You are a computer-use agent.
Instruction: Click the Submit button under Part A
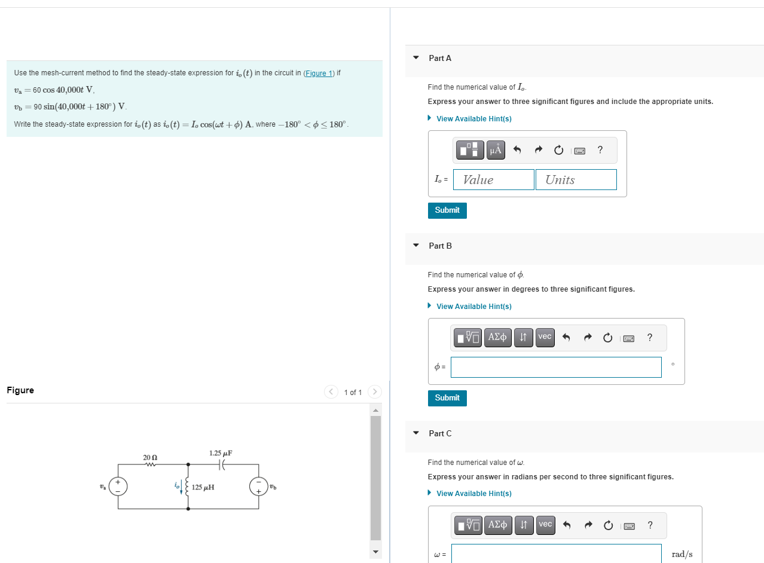tap(447, 210)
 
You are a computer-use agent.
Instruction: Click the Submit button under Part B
tap(447, 398)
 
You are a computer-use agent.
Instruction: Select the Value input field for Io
tap(493, 180)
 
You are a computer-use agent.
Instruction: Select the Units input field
tap(576, 180)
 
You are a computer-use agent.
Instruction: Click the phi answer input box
tap(556, 367)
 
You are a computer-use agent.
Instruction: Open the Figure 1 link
tap(319, 74)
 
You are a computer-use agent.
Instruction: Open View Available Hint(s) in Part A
tap(473, 119)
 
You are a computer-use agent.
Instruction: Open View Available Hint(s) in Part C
tap(473, 494)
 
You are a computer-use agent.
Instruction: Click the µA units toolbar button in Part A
tap(496, 151)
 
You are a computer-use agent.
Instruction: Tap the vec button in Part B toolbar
tap(545, 337)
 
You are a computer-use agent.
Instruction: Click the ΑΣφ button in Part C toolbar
tap(498, 525)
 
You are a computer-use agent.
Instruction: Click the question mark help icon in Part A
tap(600, 151)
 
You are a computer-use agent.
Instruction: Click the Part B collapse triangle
tap(416, 246)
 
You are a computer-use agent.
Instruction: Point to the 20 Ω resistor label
tap(149, 457)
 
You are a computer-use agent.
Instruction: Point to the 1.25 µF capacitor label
tap(221, 453)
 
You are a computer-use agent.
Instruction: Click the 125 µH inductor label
tap(204, 488)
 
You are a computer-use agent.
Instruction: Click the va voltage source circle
tap(118, 486)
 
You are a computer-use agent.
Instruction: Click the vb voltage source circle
tap(259, 486)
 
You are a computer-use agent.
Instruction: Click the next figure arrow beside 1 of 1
tap(375, 392)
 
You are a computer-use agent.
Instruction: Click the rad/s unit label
tap(682, 554)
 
